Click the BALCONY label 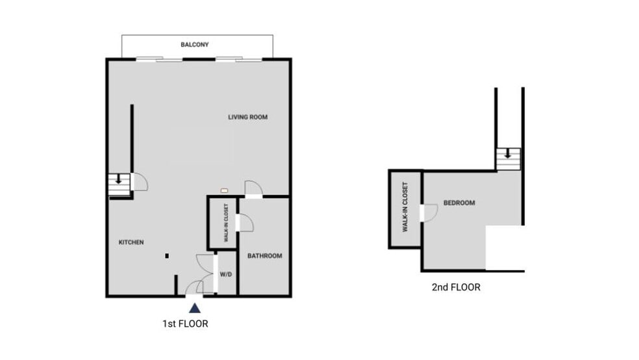(x=194, y=45)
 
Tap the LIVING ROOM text (x=247, y=118)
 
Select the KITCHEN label (x=131, y=242)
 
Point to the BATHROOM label (x=264, y=256)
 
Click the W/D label (x=225, y=275)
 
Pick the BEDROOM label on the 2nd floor (x=458, y=203)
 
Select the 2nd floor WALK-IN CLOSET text (x=405, y=207)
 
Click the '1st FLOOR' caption (x=185, y=323)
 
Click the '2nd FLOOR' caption (x=456, y=287)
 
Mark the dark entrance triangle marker (x=194, y=308)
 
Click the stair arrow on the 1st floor (x=119, y=179)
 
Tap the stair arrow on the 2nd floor (x=508, y=155)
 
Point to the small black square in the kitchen (x=167, y=256)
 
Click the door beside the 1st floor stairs (x=140, y=182)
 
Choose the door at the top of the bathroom (x=253, y=188)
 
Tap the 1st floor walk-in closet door (x=244, y=222)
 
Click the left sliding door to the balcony (x=159, y=60)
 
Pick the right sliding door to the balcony (x=238, y=60)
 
